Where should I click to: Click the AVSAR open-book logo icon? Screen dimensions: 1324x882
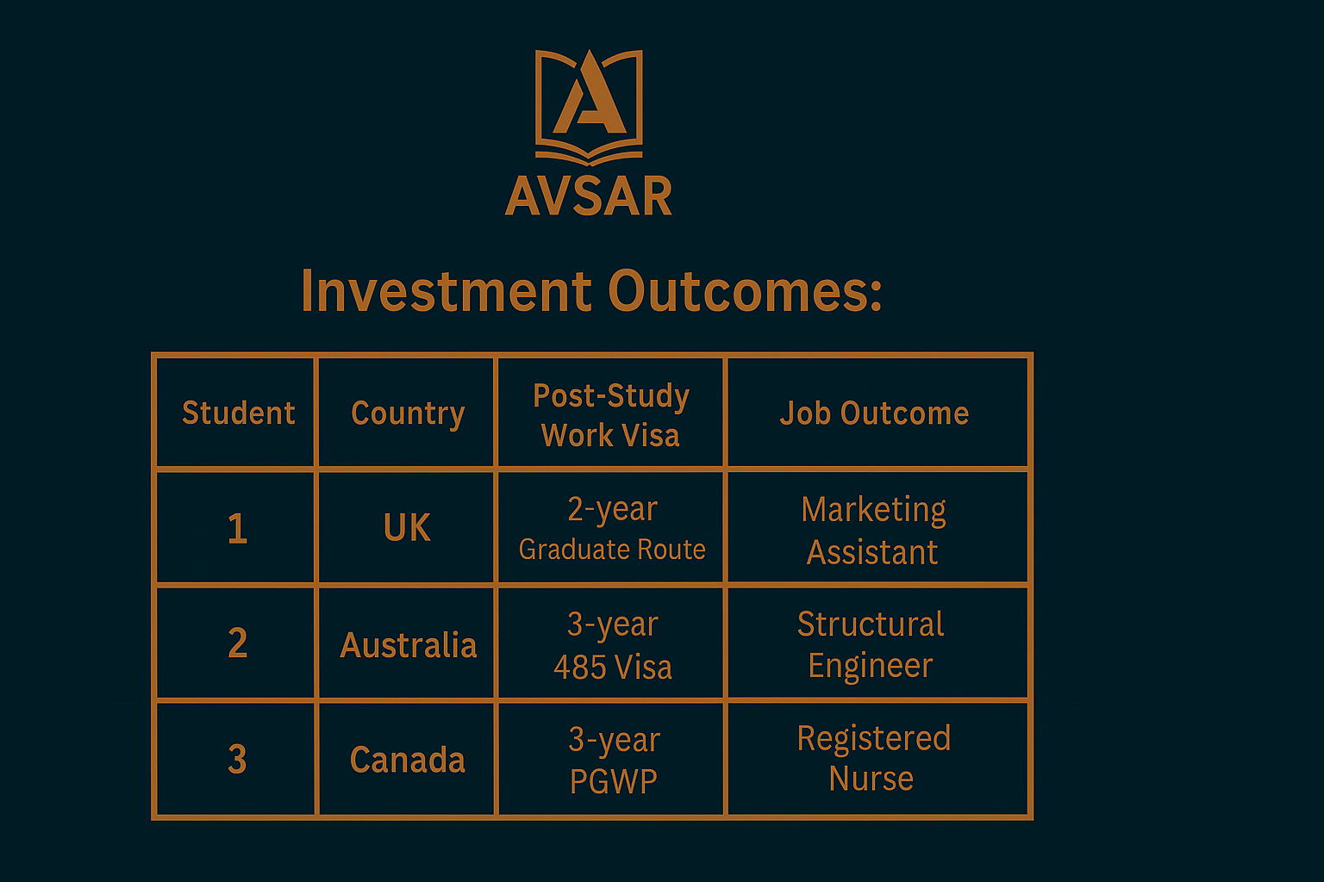pos(589,107)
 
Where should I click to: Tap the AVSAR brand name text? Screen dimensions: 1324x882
pos(589,196)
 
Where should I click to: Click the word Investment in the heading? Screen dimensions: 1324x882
pos(447,290)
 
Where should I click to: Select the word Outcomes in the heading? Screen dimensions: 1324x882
pos(745,290)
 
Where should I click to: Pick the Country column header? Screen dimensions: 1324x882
pos(408,413)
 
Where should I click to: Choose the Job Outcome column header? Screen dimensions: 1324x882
pos(875,413)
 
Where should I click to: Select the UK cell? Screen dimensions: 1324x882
pos(407,527)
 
